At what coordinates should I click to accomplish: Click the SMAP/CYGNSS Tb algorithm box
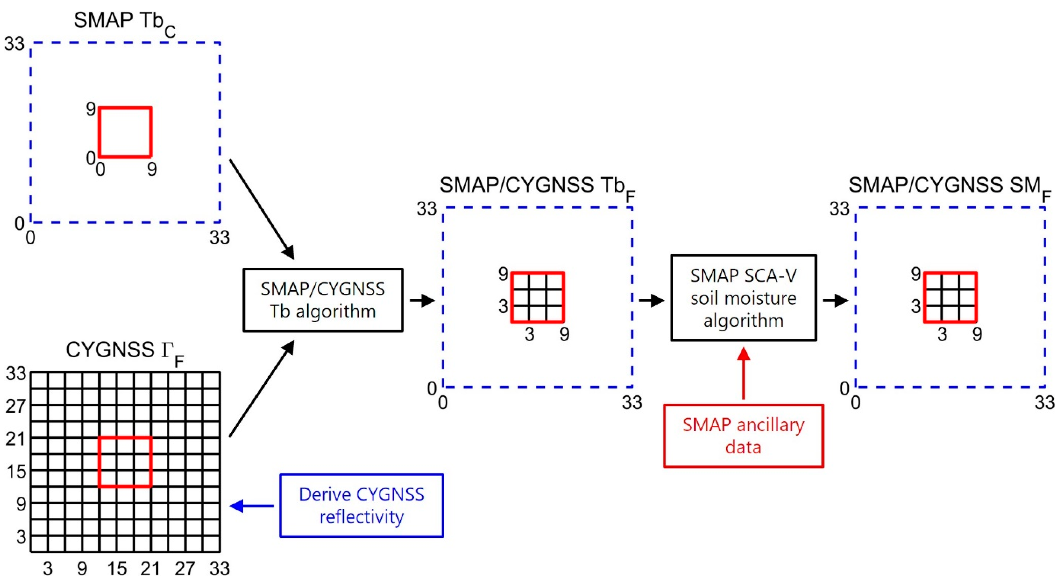323,300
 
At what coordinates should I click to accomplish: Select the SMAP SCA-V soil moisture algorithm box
743,298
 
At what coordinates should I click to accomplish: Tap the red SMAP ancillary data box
743,436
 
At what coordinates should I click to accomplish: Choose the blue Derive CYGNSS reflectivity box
362,505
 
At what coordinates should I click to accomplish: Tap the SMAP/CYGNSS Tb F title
536,187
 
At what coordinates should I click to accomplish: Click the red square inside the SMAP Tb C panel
125,133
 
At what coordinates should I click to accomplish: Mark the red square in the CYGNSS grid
125,462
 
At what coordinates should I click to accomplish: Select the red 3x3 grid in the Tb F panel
538,297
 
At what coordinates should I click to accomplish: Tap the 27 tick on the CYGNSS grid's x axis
185,569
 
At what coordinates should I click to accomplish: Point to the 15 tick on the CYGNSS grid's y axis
16,471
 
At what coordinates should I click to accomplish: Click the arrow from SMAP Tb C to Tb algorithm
261,209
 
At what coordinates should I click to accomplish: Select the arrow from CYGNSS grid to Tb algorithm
261,388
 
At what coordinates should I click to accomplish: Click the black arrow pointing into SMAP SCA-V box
651,300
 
